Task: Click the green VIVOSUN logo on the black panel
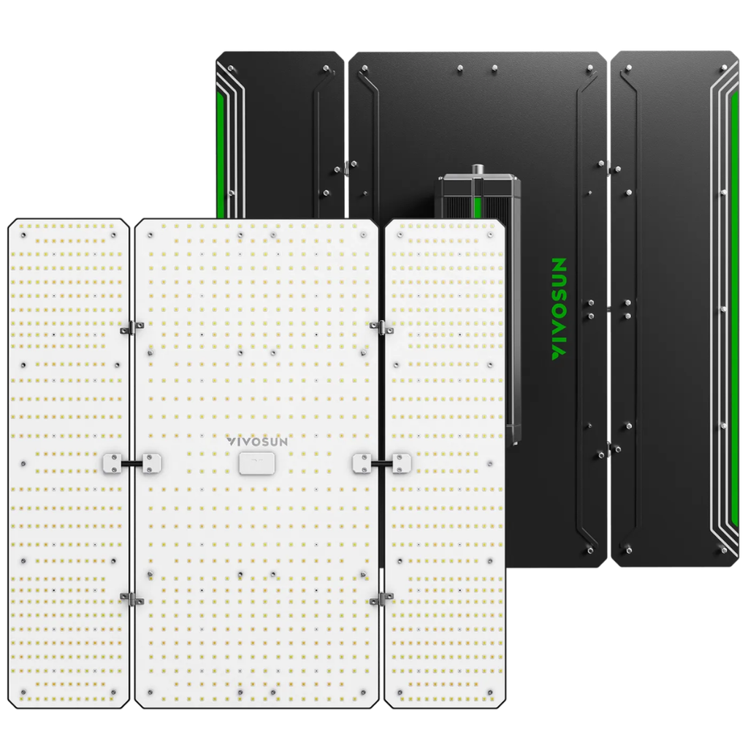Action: [559, 308]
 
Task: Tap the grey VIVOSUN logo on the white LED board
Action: [257, 442]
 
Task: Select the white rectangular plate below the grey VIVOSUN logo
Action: [256, 464]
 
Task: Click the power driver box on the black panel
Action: [479, 305]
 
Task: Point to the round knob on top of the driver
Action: [476, 169]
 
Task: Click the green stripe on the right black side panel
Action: [735, 305]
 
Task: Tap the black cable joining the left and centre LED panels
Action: [131, 463]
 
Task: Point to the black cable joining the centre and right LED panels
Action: [381, 463]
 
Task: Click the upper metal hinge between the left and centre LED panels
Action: [131, 327]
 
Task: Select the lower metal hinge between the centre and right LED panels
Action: [381, 598]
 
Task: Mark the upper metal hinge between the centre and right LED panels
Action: [381, 328]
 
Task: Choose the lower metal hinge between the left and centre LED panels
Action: [131, 598]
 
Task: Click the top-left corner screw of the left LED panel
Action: [23, 235]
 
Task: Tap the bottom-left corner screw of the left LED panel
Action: [23, 692]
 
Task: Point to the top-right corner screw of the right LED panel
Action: [490, 235]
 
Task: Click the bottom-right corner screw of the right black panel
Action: [724, 550]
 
